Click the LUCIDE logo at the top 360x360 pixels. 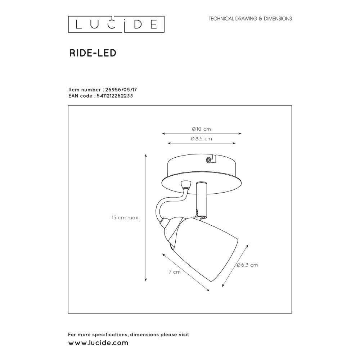pos(116,24)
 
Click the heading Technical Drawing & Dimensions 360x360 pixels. pos(250,19)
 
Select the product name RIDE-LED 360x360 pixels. pos(93,53)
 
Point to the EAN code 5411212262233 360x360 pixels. pos(115,96)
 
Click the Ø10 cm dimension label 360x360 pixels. pos(201,129)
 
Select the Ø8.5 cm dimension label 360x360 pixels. pos(201,139)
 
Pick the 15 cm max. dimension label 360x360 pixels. pos(126,217)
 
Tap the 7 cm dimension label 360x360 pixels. pos(175,272)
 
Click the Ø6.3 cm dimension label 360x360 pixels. pos(247,265)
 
